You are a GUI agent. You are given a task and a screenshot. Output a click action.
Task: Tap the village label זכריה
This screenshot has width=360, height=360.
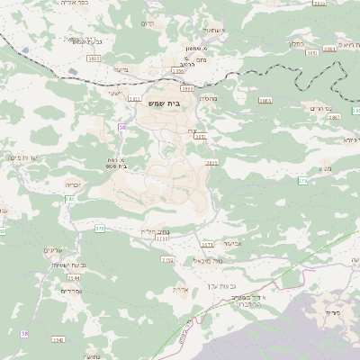[x=73, y=184]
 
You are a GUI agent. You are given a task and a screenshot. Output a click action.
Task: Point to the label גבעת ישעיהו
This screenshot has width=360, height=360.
[x=66, y=265]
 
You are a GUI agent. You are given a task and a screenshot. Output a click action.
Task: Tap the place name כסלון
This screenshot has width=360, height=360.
[x=296, y=42]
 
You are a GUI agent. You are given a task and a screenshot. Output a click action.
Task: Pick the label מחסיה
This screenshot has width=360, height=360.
[x=206, y=100]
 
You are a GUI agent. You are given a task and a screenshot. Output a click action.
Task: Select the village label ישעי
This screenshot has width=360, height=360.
[x=113, y=93]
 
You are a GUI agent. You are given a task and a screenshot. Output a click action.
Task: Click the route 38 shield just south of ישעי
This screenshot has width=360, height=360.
[x=121, y=127]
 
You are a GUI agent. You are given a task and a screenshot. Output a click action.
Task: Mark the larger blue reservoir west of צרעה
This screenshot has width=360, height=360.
[x=24, y=50]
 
